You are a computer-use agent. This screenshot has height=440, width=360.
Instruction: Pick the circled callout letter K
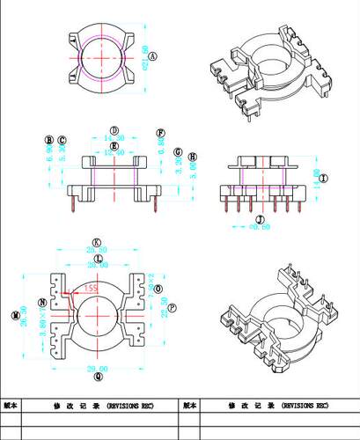click(x=97, y=243)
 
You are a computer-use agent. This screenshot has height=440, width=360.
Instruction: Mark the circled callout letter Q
click(x=98, y=376)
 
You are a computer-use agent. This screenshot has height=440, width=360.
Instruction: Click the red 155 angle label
click(x=92, y=287)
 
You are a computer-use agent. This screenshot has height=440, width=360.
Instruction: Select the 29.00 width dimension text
click(x=98, y=368)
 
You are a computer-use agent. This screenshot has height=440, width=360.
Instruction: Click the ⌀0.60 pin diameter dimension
click(x=260, y=227)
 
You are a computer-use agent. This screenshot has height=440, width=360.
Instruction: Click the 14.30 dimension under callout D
click(x=114, y=138)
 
